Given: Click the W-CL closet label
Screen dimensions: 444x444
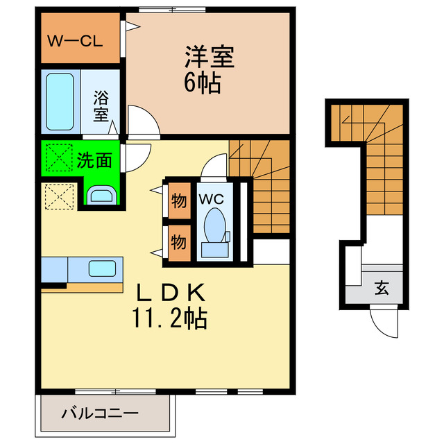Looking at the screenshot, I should [74, 40].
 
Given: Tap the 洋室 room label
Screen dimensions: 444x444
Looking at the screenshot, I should [209, 55].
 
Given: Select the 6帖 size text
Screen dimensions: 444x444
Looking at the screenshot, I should [202, 83].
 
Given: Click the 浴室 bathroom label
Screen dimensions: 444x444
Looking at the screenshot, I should [102, 105].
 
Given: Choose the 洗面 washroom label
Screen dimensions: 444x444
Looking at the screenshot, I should [94, 160].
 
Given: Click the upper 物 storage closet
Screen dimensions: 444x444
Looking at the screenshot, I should [178, 202].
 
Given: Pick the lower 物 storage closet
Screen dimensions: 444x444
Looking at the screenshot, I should [178, 243].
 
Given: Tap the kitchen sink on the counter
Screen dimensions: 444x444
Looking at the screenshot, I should [103, 268].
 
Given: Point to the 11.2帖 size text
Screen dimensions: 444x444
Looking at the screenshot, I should [169, 319].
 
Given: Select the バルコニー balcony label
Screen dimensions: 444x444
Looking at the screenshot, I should [99, 415].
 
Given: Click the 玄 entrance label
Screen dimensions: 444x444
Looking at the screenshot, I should [382, 287].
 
